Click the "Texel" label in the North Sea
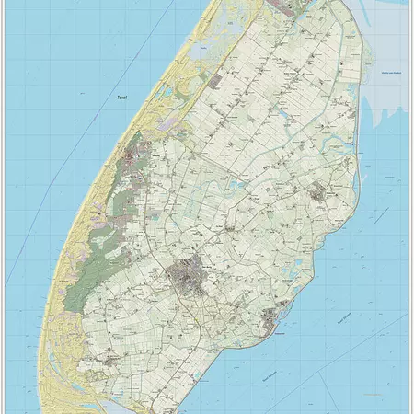(x=119, y=97)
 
